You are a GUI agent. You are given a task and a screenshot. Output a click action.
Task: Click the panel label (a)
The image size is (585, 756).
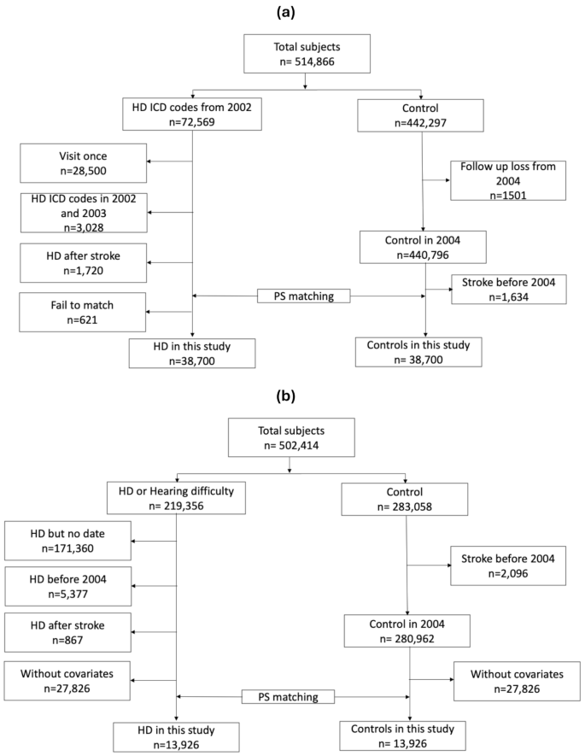click(292, 12)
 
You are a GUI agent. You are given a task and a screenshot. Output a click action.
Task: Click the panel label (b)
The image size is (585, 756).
click(292, 396)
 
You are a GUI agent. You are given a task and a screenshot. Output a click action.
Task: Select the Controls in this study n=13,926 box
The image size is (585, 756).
click(408, 735)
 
